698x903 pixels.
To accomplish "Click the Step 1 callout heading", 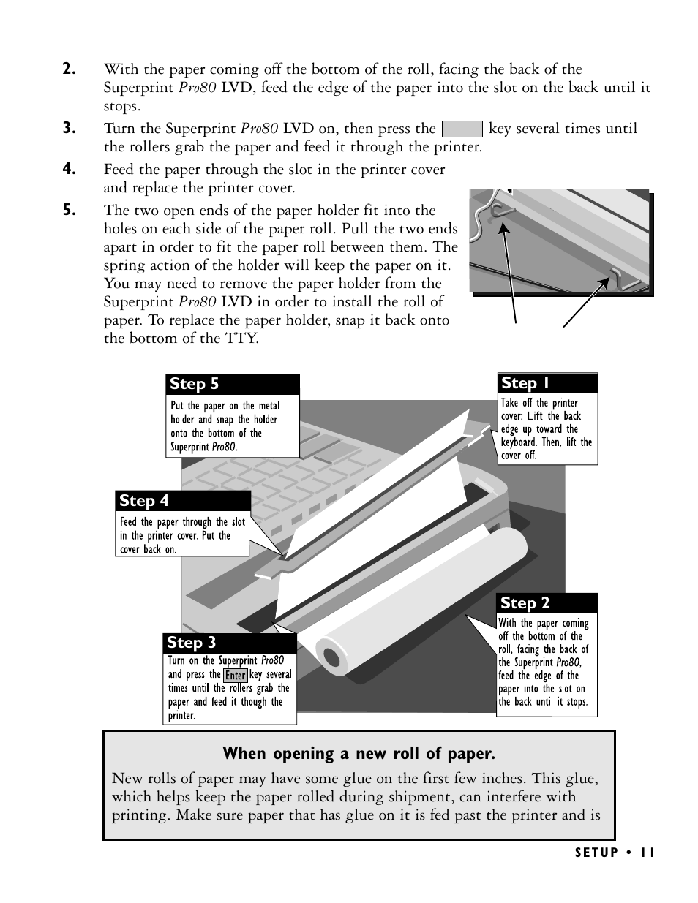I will [525, 383].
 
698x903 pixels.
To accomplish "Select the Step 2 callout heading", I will [525, 603].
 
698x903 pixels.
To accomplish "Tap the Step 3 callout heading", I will [192, 643].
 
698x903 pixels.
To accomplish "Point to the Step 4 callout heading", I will [144, 501].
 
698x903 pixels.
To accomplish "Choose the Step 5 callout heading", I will [195, 384].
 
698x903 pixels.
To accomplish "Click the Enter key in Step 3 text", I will [236, 675].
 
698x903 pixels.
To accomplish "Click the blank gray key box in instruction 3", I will [462, 129].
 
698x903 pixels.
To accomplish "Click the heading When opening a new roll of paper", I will [359, 753].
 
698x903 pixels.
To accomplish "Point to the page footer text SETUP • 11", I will [615, 853].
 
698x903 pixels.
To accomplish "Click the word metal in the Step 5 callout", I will [269, 406].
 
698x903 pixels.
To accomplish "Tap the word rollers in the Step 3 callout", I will [241, 688].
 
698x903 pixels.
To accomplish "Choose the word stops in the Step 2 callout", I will [577, 702].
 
